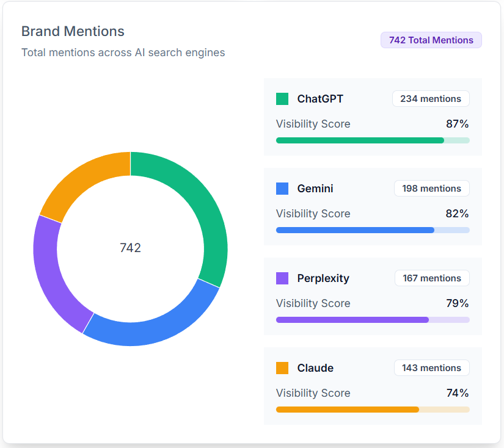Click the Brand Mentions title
click(x=73, y=31)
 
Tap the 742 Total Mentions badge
click(x=431, y=40)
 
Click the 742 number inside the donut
click(x=130, y=247)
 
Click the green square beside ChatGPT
click(x=282, y=99)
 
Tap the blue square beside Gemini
click(x=282, y=189)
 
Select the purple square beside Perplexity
click(x=282, y=278)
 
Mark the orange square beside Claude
click(x=282, y=368)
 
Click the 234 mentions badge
click(x=431, y=99)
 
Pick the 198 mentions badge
click(x=431, y=189)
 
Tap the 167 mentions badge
click(x=432, y=278)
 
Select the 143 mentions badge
click(x=431, y=368)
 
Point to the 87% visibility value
click(x=457, y=124)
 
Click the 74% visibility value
click(x=457, y=393)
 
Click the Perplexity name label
click(x=323, y=278)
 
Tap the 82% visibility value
click(x=457, y=214)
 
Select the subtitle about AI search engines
click(x=123, y=52)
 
